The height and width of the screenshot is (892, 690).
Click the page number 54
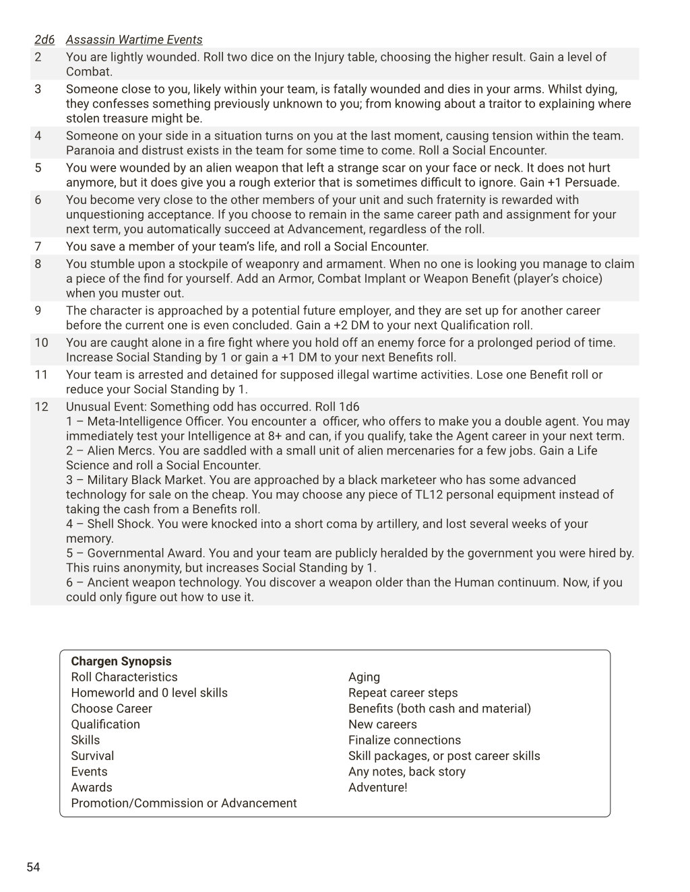[x=33, y=867]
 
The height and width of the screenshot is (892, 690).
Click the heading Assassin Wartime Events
[x=134, y=40]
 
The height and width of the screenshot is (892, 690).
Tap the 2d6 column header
[x=44, y=40]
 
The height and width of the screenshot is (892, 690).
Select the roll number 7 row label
[x=38, y=246]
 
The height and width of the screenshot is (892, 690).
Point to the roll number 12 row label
[x=41, y=407]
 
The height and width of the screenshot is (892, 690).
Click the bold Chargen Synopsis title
[x=121, y=661]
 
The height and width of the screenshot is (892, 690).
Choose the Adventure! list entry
[x=377, y=787]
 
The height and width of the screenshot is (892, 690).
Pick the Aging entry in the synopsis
[x=364, y=677]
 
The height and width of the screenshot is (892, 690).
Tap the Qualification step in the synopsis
[x=106, y=724]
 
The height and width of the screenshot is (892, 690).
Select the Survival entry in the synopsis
[x=92, y=756]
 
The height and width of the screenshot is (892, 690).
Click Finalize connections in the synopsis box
[x=404, y=740]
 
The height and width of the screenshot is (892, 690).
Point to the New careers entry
[x=382, y=724]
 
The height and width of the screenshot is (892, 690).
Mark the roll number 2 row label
[x=38, y=57]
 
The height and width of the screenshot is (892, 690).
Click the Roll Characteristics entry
[x=124, y=677]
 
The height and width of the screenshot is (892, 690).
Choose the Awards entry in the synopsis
[x=92, y=787]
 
